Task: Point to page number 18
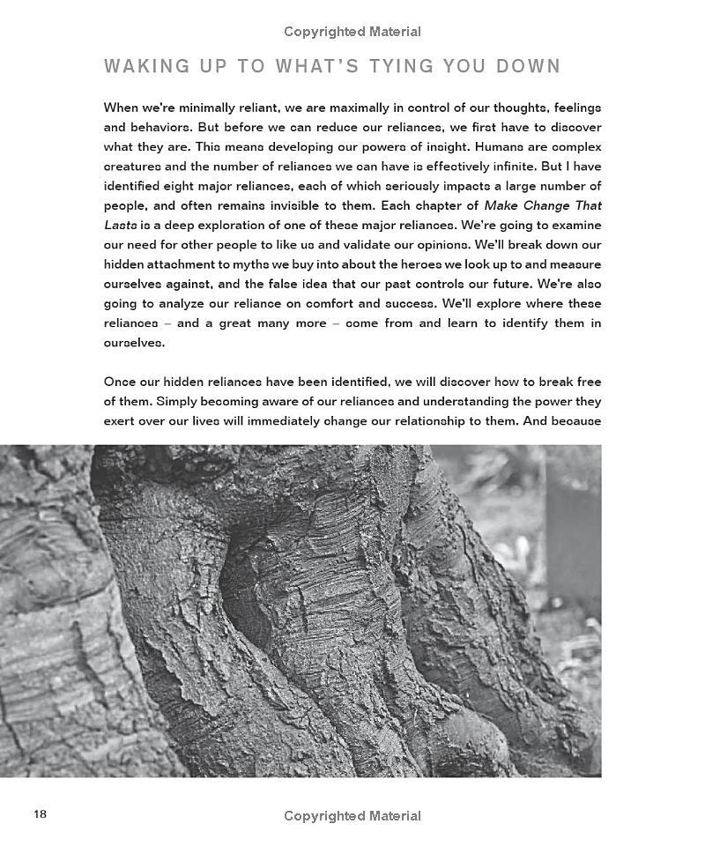pyautogui.click(x=41, y=814)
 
